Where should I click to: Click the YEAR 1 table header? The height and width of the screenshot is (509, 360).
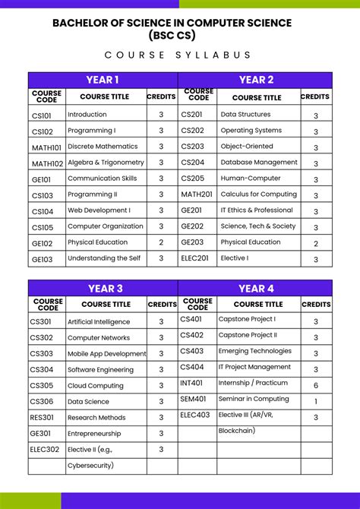click(103, 80)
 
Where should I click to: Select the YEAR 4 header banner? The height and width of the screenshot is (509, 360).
click(256, 289)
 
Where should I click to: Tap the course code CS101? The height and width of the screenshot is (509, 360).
click(42, 115)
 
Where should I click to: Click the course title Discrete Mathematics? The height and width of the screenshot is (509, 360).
click(103, 147)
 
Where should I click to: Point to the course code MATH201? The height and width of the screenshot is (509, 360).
click(197, 194)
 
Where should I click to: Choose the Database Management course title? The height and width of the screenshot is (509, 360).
click(259, 163)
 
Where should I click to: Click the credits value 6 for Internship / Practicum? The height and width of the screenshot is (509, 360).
click(316, 385)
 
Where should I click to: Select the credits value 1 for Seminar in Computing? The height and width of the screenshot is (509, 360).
click(316, 401)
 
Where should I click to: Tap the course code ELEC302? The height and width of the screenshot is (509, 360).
click(45, 450)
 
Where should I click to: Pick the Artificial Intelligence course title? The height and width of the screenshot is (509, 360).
click(99, 322)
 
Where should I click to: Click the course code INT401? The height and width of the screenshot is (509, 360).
click(191, 384)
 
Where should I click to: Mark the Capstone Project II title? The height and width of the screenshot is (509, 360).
click(248, 335)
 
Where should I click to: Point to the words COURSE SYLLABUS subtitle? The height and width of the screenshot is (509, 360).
click(178, 55)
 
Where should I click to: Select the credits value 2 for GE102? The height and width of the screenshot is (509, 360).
click(161, 242)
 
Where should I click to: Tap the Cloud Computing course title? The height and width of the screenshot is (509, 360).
click(95, 386)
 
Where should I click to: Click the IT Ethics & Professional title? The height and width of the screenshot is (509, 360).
click(257, 210)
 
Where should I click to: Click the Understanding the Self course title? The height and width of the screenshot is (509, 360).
click(105, 258)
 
